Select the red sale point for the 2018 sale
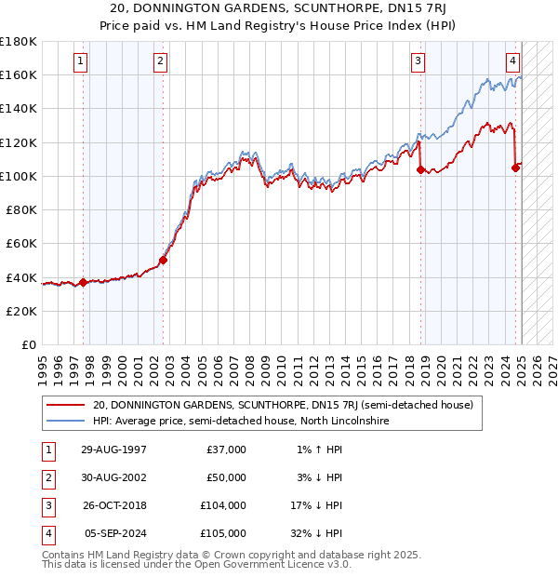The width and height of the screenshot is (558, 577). pos(420,169)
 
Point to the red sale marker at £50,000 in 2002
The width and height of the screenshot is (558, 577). pos(163,261)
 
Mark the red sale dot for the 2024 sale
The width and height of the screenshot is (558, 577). pos(516,168)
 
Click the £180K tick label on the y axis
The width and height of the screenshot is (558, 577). pos(19,41)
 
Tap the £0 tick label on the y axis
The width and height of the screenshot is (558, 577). pos(29,344)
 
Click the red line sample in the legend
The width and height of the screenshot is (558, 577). pos(65,406)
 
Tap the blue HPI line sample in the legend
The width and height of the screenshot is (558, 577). pos(65,421)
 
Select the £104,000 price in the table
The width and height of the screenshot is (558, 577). pos(223,505)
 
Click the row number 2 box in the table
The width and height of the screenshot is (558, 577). pos(47,477)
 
